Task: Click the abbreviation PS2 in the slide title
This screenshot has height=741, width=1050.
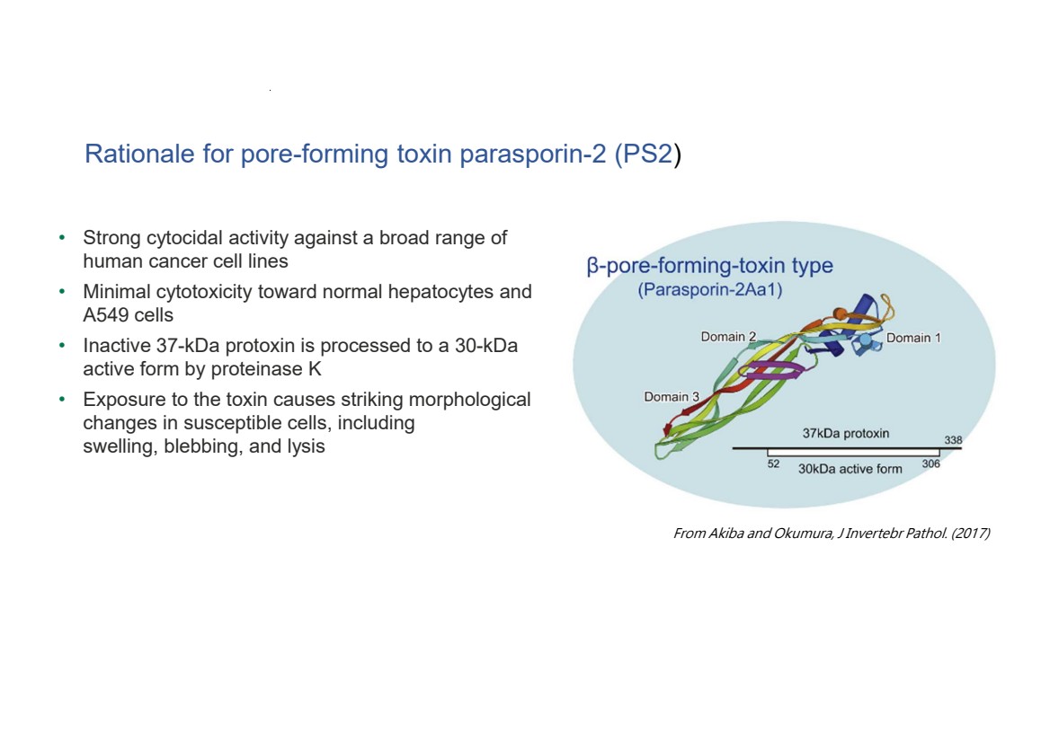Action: click(x=648, y=154)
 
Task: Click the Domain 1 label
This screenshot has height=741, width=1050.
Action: click(x=913, y=339)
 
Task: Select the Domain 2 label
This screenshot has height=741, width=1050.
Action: click(x=728, y=338)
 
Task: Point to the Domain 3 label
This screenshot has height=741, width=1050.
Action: click(x=672, y=397)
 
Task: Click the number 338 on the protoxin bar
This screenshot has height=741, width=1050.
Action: click(x=953, y=440)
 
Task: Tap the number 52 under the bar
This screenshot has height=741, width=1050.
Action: click(x=773, y=464)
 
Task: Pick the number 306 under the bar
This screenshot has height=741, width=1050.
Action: click(x=930, y=464)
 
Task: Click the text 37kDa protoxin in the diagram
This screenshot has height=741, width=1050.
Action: click(x=846, y=434)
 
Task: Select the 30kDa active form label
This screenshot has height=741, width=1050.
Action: click(x=850, y=469)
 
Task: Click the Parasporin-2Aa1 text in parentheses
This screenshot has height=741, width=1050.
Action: click(x=710, y=291)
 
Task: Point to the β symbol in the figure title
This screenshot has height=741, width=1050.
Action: click(x=592, y=267)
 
